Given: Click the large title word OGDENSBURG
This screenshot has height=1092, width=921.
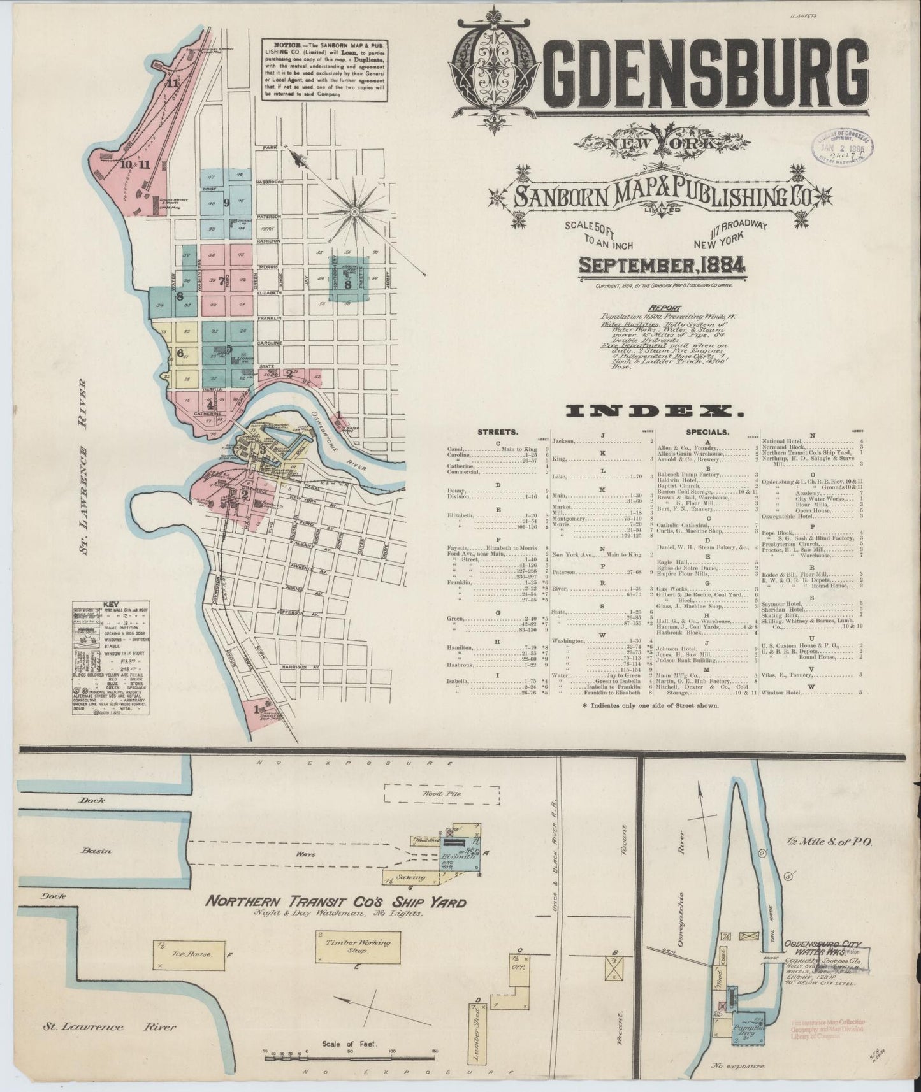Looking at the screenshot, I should pyautogui.click(x=660, y=79).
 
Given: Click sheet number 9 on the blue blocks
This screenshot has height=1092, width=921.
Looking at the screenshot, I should pyautogui.click(x=226, y=203).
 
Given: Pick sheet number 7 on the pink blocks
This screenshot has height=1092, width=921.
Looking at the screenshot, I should pyautogui.click(x=221, y=280).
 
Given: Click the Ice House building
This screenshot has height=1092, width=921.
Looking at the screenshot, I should pyautogui.click(x=186, y=955).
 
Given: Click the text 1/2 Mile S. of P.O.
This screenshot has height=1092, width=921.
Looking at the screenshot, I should pyautogui.click(x=832, y=842).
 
